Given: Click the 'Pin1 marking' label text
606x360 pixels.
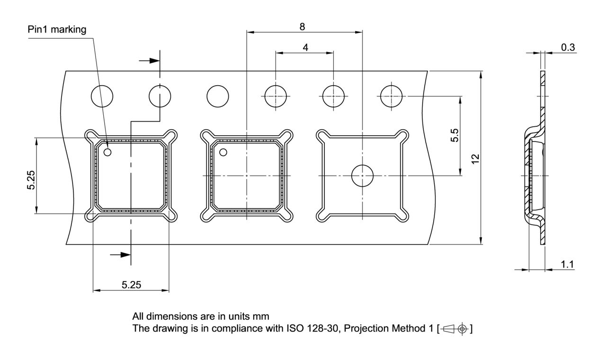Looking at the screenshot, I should [x=57, y=30].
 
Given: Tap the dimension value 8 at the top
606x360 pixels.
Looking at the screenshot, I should [x=302, y=26].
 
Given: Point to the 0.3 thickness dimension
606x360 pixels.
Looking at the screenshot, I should [x=568, y=47].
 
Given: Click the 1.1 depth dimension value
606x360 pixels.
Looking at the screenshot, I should [x=568, y=264].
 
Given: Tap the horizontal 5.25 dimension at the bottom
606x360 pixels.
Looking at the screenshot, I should [x=131, y=285].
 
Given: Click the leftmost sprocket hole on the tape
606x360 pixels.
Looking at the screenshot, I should [x=102, y=96].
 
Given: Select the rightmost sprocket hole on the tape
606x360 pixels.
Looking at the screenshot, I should [x=392, y=96].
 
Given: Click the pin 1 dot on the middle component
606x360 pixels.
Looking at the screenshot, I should [x=223, y=152].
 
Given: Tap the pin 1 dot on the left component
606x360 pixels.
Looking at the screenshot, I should [x=107, y=152].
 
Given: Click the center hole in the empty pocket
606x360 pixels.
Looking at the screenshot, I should [x=362, y=176].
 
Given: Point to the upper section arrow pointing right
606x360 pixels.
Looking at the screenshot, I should [x=150, y=61].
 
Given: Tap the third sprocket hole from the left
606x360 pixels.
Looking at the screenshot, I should [x=218, y=96].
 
